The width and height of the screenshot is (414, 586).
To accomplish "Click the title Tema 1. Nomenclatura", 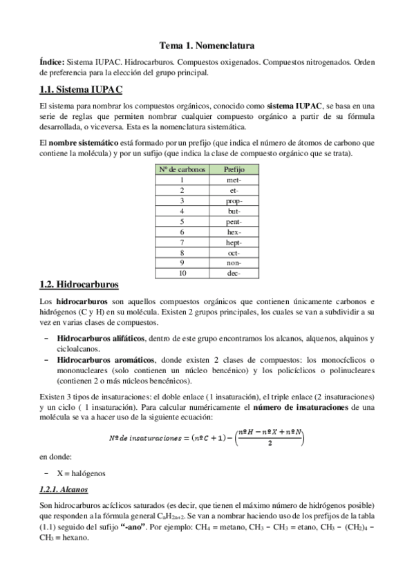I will tap(207, 46).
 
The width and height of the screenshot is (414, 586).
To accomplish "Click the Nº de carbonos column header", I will tap(182, 169).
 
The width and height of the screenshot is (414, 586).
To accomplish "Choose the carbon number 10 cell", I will tap(182, 273).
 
